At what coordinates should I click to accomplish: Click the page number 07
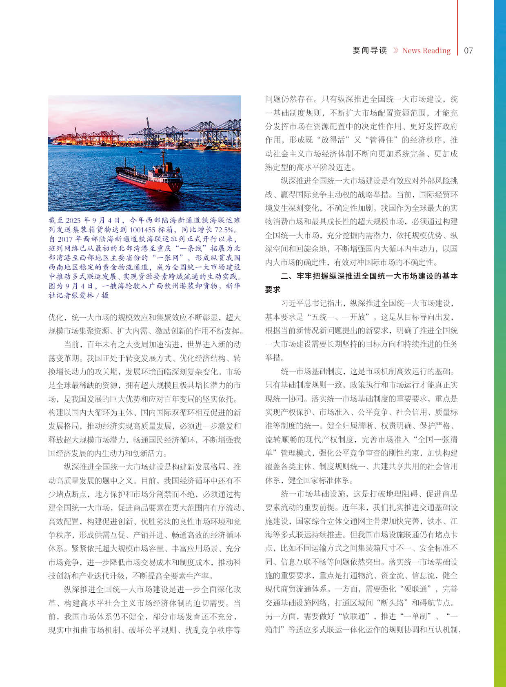click(x=468, y=51)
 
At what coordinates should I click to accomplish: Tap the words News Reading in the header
click(x=426, y=51)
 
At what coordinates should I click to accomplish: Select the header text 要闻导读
click(x=370, y=51)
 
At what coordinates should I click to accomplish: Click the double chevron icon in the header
click(x=395, y=51)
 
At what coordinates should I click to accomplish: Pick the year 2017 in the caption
click(x=65, y=239)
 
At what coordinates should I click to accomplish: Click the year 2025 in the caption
click(x=74, y=220)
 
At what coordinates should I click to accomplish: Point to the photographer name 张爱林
click(x=82, y=295)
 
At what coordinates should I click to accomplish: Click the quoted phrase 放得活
click(x=330, y=140)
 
